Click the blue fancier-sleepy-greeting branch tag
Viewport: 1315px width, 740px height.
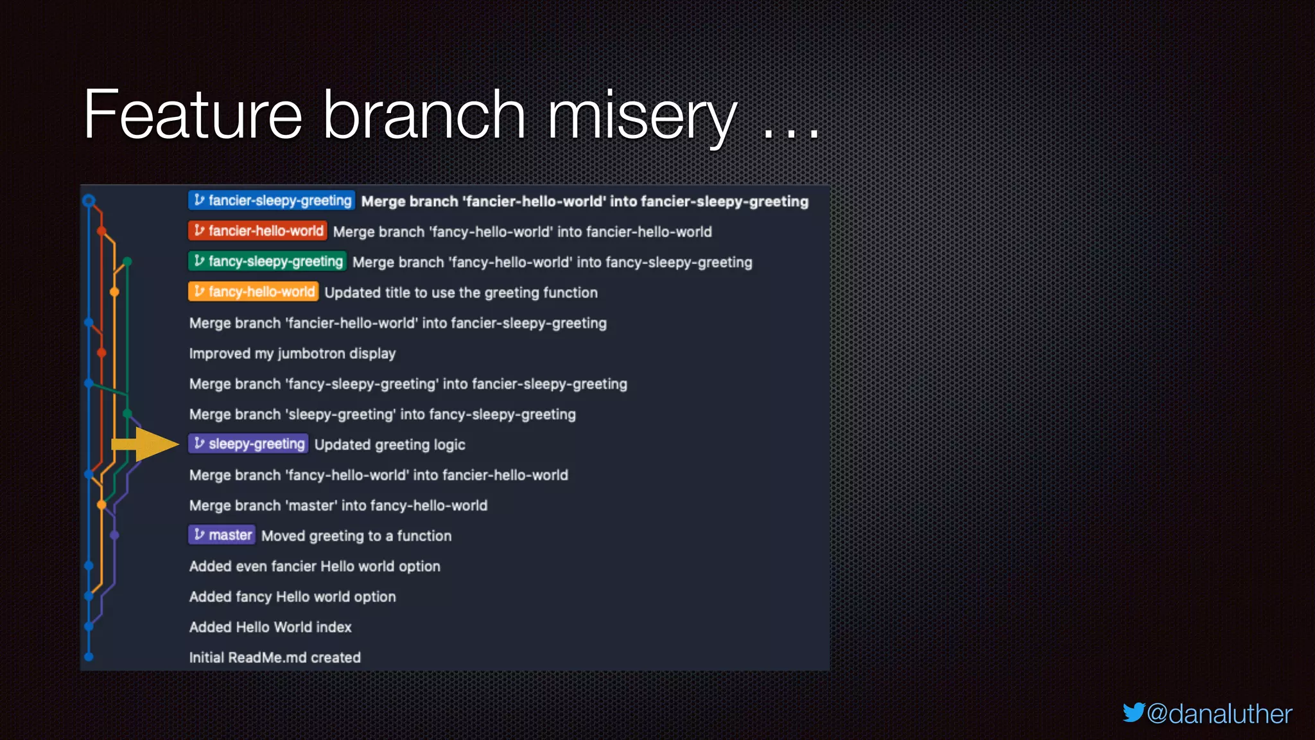271,200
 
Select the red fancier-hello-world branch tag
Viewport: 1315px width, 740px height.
257,231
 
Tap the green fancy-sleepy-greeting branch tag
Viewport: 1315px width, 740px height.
267,261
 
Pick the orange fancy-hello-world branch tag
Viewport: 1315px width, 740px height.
253,292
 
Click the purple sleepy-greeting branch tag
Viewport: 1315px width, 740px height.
248,444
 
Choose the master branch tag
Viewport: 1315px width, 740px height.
222,535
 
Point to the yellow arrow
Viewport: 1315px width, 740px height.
145,445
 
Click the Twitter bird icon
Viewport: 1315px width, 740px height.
1133,712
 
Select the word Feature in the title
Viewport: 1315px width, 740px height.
193,116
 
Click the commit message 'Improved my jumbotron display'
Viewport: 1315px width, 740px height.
292,353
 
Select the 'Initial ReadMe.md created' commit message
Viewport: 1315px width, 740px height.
275,657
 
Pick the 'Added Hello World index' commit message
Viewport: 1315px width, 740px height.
270,627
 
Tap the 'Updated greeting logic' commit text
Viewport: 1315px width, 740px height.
390,445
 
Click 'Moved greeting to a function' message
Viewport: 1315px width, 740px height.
356,536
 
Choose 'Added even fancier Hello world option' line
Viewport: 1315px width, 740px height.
315,566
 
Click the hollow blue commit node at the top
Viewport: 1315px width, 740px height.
89,200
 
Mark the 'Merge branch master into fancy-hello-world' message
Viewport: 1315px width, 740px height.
338,506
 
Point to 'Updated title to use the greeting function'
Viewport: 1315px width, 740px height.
461,292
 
